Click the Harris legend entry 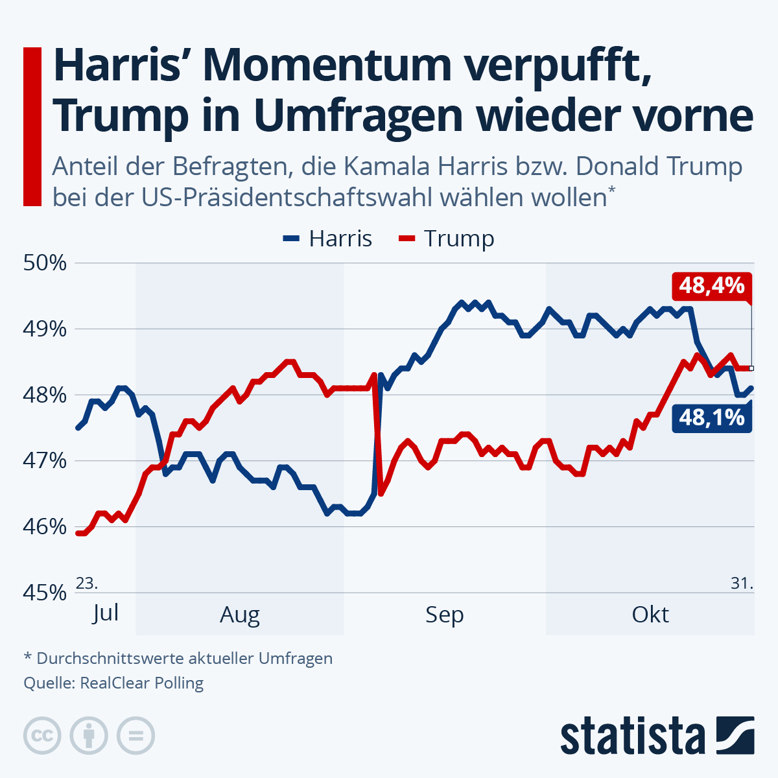328,239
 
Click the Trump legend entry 447,239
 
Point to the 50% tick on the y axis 45,263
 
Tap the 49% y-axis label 45,329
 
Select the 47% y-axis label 45,461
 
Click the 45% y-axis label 45,593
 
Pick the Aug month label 240,614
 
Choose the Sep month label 445,614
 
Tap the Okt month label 650,614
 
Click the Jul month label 105,612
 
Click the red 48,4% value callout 711,285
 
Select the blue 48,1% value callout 711,418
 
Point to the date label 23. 87,583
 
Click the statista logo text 633,736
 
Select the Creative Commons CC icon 42,736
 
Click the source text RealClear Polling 141,683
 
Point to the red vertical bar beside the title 32,126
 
